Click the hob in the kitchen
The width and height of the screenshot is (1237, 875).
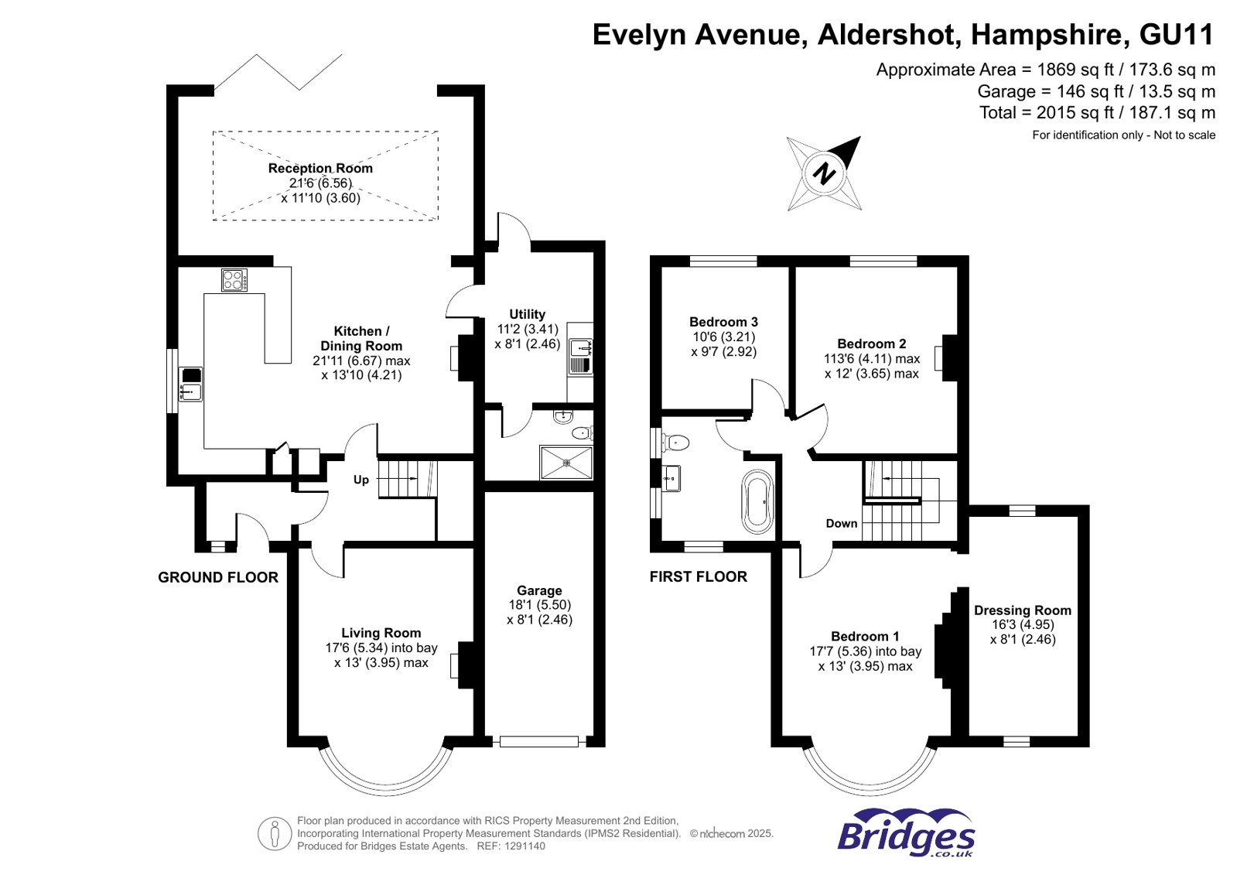click(234, 279)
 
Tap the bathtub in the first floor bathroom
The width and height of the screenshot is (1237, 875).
click(757, 501)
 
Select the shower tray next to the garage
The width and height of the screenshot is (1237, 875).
click(566, 463)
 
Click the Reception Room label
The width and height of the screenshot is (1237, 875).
click(320, 169)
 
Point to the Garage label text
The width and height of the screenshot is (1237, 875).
click(539, 590)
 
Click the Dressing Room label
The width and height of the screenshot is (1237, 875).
click(1022, 610)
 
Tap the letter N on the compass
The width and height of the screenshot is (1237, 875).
click(825, 173)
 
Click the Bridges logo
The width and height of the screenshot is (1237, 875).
click(905, 833)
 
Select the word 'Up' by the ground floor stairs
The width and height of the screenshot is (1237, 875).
click(361, 480)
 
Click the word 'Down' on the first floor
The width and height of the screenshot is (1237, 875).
click(841, 524)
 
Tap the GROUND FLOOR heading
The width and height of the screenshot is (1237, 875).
click(218, 577)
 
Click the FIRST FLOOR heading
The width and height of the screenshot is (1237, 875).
click(698, 576)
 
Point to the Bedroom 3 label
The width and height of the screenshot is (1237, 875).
click(723, 322)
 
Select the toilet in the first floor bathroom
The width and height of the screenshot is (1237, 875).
click(675, 443)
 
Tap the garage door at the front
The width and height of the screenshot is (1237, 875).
click(539, 742)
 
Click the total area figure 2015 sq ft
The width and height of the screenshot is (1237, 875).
click(1097, 113)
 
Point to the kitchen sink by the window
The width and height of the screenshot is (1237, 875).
click(190, 385)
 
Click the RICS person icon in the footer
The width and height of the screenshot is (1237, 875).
click(274, 833)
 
